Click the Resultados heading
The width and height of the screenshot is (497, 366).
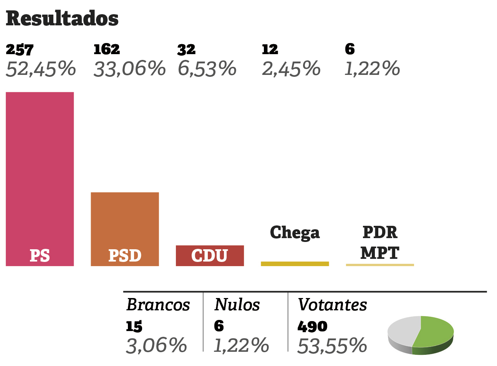click(x=62, y=18)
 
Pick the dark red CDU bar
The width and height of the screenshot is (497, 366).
click(x=210, y=255)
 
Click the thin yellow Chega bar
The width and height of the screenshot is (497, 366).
click(x=295, y=264)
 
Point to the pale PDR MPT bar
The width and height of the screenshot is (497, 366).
click(x=380, y=265)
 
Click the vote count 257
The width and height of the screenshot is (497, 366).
click(x=20, y=50)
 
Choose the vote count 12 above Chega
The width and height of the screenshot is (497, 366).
click(x=270, y=50)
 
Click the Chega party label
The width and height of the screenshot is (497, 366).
click(x=295, y=233)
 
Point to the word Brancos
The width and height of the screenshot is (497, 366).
click(x=158, y=305)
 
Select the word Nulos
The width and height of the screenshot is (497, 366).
click(x=237, y=305)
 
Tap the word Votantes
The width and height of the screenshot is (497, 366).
click(x=332, y=305)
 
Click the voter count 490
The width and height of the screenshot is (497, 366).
click(x=312, y=326)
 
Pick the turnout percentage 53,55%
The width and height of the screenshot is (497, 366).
click(x=332, y=346)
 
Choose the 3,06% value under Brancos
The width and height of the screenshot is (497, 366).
click(x=156, y=346)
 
